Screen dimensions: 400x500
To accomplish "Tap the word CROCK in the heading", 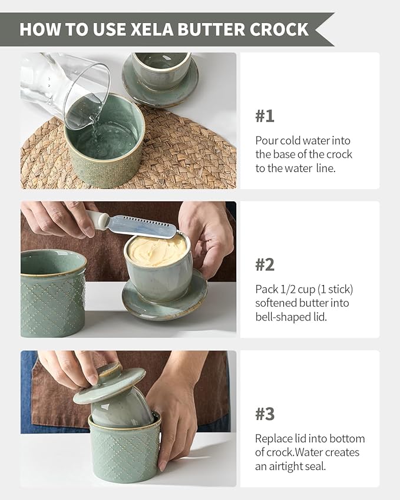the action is click(x=279, y=29).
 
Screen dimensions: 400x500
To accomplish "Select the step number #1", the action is click(x=265, y=116).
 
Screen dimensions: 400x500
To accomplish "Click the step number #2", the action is click(x=265, y=264).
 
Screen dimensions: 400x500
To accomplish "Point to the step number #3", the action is click(x=265, y=414).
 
